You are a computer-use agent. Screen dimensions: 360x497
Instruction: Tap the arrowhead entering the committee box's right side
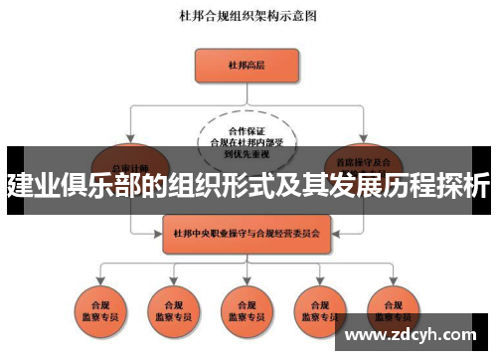click(x=330, y=235)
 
